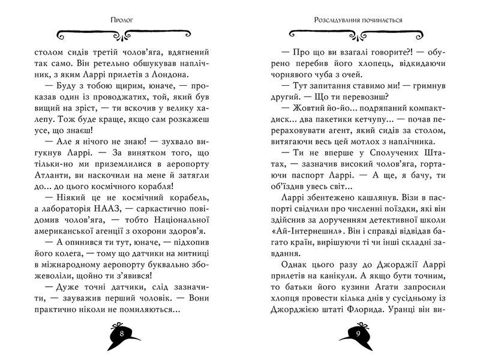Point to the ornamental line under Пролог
pyautogui.click(x=122, y=31)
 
